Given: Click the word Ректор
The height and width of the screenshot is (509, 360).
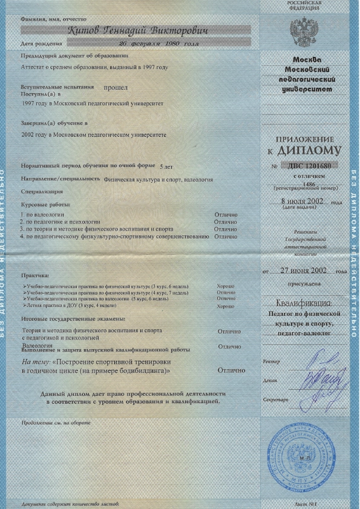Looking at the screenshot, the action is (x=272, y=362).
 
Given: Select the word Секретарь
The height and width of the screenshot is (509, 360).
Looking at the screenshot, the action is (x=275, y=401).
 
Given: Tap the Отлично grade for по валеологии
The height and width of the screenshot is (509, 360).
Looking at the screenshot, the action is (x=226, y=214).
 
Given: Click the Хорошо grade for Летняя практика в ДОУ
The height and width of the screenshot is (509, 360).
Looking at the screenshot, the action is (x=225, y=306).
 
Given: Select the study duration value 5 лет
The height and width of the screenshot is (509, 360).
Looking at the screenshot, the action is (x=165, y=165).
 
